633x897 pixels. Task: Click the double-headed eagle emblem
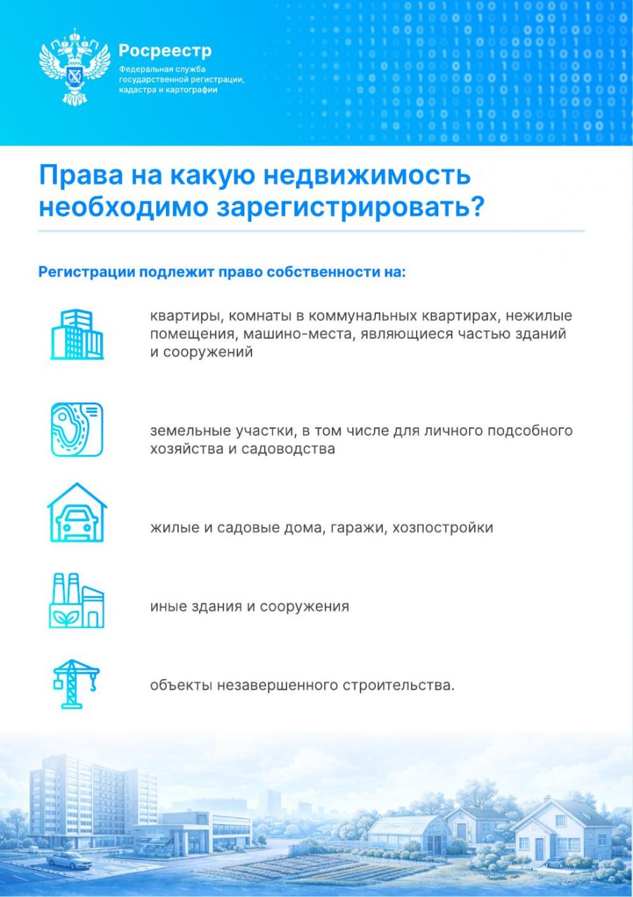click(74, 67)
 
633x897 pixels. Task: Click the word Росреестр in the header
click(165, 51)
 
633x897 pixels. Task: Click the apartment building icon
click(77, 334)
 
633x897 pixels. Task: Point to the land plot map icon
click(77, 429)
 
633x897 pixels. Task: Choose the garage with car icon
click(77, 513)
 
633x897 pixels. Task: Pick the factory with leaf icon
click(77, 601)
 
